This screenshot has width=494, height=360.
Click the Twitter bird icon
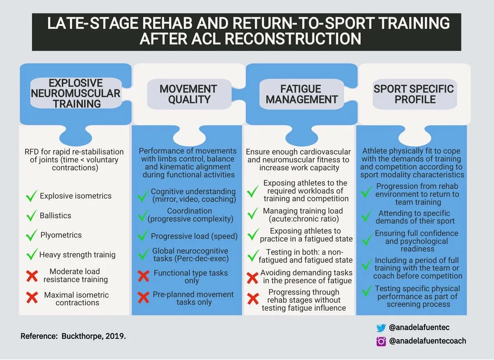[x=381, y=328]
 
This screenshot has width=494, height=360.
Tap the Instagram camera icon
[x=381, y=341]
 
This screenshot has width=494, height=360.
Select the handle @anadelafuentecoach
[x=427, y=341]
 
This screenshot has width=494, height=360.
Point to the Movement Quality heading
[x=188, y=94]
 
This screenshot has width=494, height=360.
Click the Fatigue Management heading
[x=301, y=94]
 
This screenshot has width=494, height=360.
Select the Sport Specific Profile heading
[x=413, y=94]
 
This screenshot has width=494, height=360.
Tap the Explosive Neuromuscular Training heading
[x=76, y=94]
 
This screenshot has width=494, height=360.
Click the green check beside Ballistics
[x=31, y=215]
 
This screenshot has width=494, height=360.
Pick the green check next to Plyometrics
[x=31, y=235]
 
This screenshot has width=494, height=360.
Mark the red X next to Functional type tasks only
[x=143, y=276]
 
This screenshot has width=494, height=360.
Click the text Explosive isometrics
[x=75, y=196]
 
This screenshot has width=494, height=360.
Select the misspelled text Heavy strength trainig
[x=77, y=255]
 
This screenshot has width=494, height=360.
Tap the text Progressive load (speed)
[x=194, y=236]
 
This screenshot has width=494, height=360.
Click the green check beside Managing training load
[x=253, y=214]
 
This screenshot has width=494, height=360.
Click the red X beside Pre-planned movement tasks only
[x=143, y=297]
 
